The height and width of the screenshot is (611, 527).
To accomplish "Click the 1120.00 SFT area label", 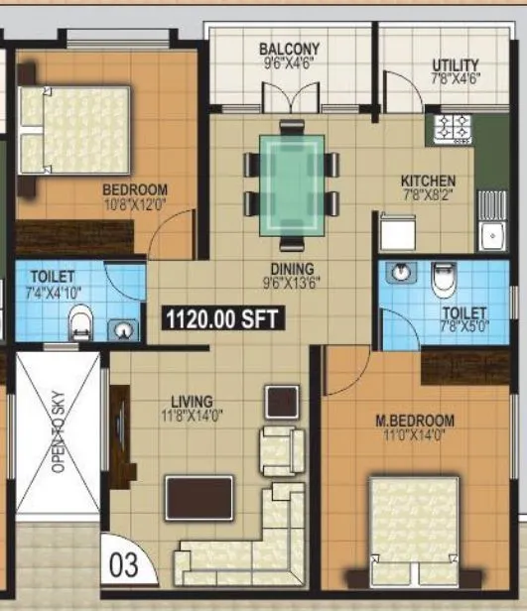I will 223,318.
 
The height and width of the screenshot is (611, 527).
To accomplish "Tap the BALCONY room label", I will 289,49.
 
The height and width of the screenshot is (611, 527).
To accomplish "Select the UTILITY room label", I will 456,65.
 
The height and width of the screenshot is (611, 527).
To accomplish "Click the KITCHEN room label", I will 428,181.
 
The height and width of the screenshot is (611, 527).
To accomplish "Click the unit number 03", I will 123,565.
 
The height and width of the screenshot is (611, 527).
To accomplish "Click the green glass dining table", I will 292,184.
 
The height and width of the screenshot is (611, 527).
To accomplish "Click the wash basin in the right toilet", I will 399,275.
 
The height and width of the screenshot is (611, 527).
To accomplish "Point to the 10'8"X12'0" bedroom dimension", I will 135,204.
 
